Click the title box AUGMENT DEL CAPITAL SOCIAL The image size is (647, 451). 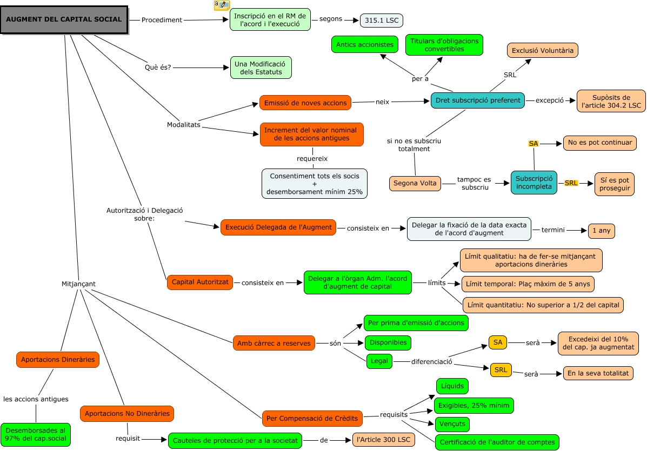point(64,20)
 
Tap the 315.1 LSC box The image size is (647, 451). point(382,21)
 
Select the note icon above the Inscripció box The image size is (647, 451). point(222,5)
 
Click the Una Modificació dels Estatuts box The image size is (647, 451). point(261,68)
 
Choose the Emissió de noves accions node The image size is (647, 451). point(305,103)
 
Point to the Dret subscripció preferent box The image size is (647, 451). point(477,100)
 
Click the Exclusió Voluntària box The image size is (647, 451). point(543,50)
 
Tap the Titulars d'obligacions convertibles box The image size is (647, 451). point(444,45)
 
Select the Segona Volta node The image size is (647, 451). point(415,183)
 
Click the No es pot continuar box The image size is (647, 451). point(599,143)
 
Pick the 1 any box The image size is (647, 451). point(601,231)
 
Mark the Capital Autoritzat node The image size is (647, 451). point(199,282)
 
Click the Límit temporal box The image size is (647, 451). point(528,284)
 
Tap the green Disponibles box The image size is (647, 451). point(388,342)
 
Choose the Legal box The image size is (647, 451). point(379,361)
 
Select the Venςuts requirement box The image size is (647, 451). point(452,424)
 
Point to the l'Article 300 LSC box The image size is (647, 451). point(383,440)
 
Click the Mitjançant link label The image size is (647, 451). point(79,284)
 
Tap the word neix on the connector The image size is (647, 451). point(383,102)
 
